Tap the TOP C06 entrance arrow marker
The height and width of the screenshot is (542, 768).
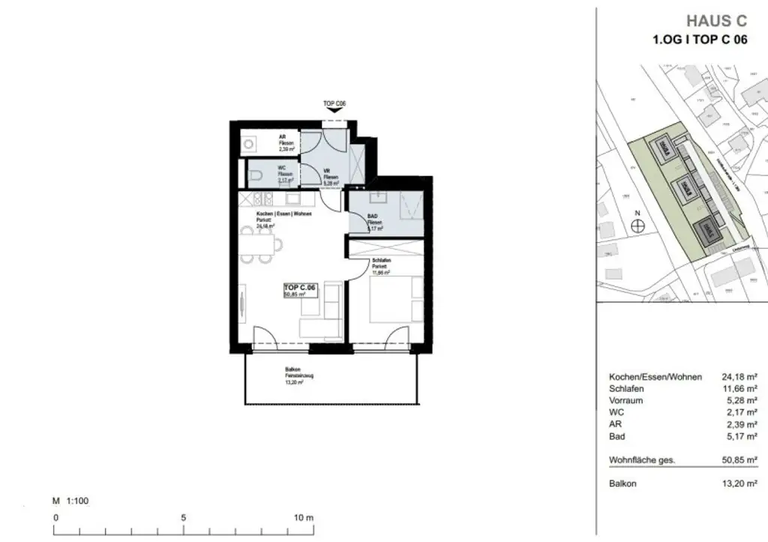334,109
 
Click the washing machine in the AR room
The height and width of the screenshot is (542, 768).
249,142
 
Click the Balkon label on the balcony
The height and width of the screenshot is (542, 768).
293,370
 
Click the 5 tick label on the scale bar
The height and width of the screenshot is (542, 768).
184,517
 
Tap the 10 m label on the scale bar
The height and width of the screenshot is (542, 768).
303,517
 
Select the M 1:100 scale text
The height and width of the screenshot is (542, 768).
70,500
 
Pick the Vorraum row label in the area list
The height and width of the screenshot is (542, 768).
625,400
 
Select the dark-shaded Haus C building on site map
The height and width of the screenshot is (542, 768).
708,233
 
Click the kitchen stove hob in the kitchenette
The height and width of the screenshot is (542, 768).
262,199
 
